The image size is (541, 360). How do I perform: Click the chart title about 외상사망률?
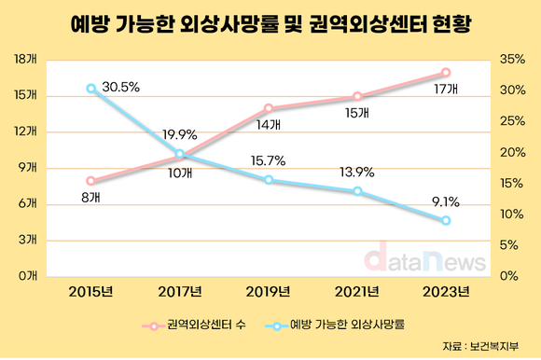point(270,26)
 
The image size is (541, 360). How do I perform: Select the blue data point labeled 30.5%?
point(91,89)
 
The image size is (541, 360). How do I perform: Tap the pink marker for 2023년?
point(446,72)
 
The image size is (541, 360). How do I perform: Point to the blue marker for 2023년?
point(446,220)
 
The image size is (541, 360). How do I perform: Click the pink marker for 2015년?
point(91,180)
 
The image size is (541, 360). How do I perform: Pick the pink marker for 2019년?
point(269,108)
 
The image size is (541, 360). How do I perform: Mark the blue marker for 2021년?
point(357,191)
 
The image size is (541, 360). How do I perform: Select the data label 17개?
point(445,90)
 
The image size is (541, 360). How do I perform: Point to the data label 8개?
point(90,198)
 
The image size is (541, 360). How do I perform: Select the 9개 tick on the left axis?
point(27,168)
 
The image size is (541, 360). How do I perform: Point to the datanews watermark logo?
point(423,257)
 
